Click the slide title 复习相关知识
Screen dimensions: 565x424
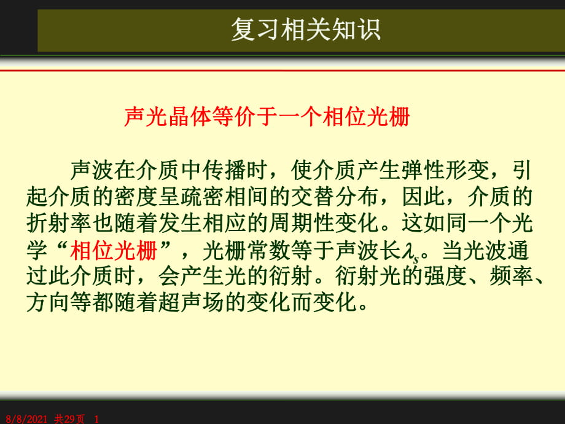pos(306,29)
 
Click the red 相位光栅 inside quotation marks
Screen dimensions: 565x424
pos(114,250)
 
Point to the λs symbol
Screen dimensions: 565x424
pos(411,251)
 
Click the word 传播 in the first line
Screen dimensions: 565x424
pos(224,170)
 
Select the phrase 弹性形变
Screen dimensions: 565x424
pos(444,170)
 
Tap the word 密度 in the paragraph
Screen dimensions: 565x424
pos(136,197)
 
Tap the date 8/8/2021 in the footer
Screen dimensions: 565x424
pos(26,419)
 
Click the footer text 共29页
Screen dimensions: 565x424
pos(69,419)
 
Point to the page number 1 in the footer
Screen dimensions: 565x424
pos(96,419)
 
